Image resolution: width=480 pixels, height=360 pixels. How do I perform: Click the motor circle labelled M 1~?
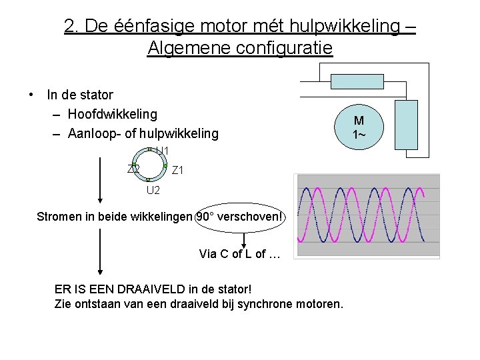coord(359,127)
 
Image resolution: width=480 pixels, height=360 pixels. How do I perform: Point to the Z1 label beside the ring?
coord(178,171)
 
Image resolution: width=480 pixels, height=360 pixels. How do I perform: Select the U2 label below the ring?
coord(153,191)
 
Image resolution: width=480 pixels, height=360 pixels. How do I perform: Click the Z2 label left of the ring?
coord(133,169)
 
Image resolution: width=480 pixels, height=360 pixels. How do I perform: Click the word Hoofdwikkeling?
coord(113,115)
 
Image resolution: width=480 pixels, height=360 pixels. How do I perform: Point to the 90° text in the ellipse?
coord(206,217)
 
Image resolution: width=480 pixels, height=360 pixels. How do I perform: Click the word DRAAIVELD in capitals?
coord(161,290)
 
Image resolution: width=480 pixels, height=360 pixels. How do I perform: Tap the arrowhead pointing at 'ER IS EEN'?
coord(101,270)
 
